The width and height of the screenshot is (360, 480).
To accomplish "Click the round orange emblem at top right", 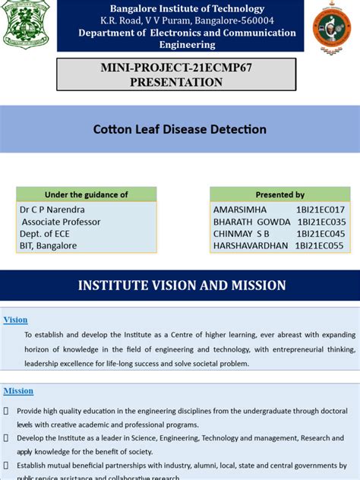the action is point(332,26).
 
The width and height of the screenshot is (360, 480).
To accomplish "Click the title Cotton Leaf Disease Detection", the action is point(180,129).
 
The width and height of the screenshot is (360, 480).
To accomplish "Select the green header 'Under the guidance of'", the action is point(87,194).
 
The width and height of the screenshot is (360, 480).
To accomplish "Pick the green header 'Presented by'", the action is point(280,194).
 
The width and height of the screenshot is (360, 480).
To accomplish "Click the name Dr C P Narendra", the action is point(53,209).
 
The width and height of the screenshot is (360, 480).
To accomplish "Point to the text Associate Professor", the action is point(61,222).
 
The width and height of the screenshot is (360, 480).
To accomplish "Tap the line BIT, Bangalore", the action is point(49,245).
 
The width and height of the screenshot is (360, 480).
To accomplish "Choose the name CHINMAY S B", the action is point(242,234).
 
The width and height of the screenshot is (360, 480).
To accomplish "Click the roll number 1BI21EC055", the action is point(321,245).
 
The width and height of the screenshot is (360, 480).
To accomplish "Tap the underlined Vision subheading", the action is point(15,320).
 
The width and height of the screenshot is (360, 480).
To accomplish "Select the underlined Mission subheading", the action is point(18,390).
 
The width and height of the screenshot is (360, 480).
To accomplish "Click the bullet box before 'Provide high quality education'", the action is point(6,410).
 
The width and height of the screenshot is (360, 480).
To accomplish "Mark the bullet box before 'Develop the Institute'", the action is point(6,438).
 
